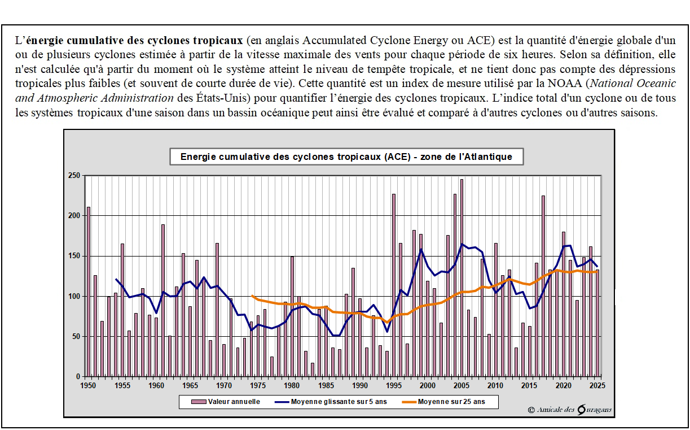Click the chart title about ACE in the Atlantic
346,157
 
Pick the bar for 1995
394,285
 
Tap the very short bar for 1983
313,370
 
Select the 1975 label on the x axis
258,385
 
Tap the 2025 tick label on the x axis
597,385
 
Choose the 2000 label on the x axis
428,385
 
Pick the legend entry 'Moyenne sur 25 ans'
451,402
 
